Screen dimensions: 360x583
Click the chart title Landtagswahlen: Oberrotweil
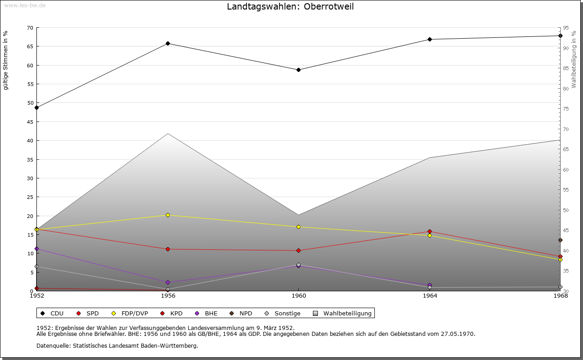click(290, 7)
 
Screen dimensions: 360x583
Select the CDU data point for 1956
click(168, 44)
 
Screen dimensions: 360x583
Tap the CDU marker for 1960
click(298, 70)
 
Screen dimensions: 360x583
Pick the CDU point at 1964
click(430, 39)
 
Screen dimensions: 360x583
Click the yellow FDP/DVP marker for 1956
click(168, 215)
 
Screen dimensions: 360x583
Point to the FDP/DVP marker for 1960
click(298, 227)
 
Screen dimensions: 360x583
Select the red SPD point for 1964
click(430, 232)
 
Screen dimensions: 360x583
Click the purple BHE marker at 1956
click(168, 282)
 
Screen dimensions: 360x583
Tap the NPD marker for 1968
click(560, 240)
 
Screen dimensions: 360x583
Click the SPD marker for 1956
click(168, 249)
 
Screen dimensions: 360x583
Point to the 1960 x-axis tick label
click(298, 296)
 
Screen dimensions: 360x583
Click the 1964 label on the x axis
click(430, 296)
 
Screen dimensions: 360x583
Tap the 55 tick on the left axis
click(30, 84)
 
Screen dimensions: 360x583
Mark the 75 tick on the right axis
click(565, 109)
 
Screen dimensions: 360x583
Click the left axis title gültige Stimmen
click(6, 60)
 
